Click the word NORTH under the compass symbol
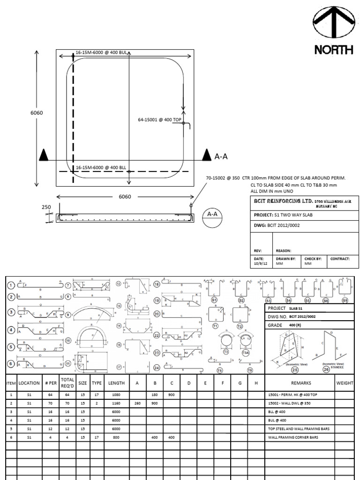334,50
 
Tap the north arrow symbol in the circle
334,23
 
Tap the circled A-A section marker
212,215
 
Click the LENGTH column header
116,383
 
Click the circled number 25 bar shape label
295,369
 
